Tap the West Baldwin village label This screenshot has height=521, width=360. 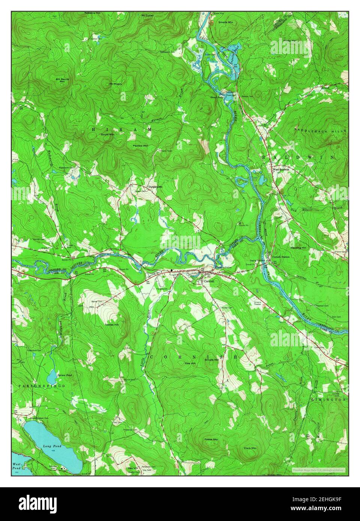tap(280, 169)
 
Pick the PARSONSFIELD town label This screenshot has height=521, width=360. tap(42, 385)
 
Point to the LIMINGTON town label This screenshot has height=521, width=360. tap(328, 400)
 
